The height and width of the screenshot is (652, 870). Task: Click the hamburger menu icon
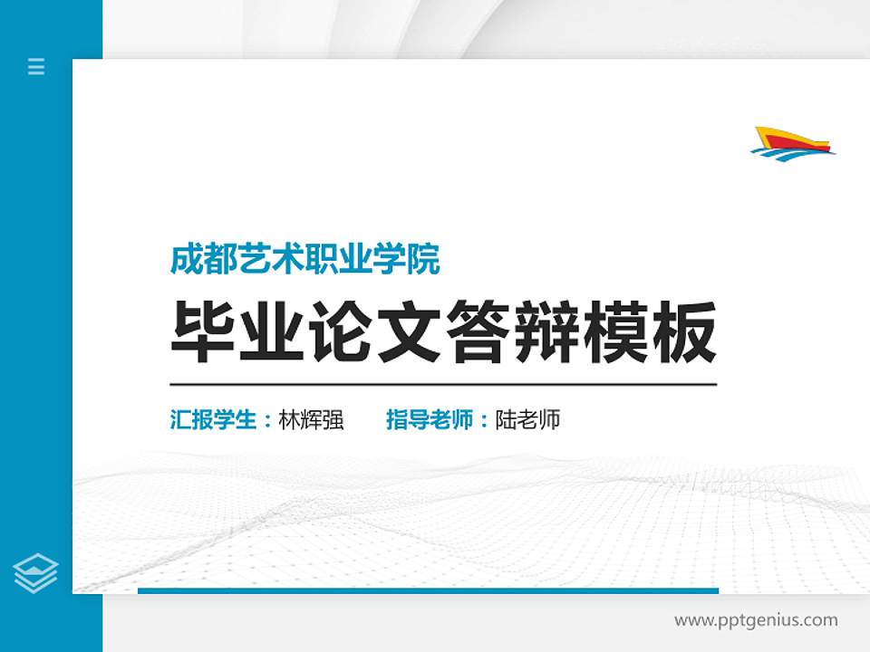tap(36, 66)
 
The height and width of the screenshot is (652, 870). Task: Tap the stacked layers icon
tap(36, 573)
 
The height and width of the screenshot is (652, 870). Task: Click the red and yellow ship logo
tap(793, 138)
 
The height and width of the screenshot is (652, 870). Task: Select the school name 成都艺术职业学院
tap(305, 261)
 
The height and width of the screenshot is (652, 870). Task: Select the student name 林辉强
tap(312, 420)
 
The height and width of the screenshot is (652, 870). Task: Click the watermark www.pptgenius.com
tap(756, 620)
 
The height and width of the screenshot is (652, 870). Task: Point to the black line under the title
tap(443, 384)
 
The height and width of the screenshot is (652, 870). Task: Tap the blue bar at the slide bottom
tap(428, 590)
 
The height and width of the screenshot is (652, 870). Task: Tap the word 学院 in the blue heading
tap(418, 261)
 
